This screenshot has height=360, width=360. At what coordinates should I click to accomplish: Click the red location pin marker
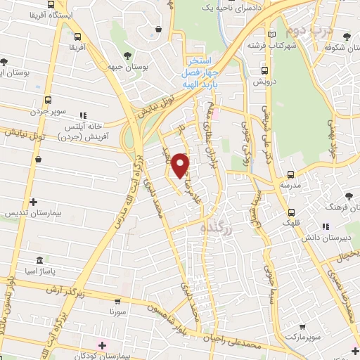(181, 165)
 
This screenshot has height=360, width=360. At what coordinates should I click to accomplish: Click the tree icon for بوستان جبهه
(127, 55)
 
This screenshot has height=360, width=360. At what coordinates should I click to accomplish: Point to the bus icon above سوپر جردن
(48, 100)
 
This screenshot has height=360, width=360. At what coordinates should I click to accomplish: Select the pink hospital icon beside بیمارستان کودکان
(103, 345)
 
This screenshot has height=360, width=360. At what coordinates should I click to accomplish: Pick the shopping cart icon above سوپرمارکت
(302, 327)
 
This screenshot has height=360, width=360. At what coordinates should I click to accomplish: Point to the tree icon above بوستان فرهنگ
(349, 195)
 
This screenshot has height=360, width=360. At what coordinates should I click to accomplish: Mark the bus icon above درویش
(265, 70)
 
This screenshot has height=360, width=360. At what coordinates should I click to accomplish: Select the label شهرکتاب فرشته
(268, 45)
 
